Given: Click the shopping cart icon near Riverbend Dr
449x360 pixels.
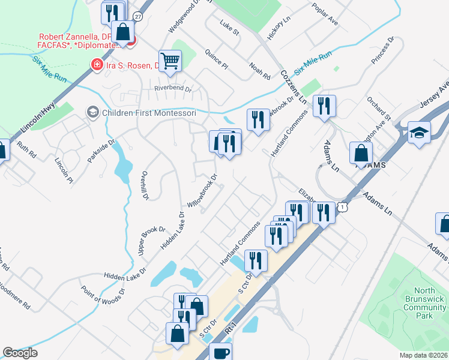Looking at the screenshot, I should (x=170, y=61).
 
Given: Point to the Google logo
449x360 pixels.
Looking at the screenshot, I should (x=20, y=353).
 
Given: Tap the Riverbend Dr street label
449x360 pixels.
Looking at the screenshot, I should (x=172, y=89).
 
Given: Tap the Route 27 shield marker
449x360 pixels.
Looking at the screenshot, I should (x=137, y=16).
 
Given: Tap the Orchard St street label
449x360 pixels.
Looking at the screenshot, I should (x=379, y=107).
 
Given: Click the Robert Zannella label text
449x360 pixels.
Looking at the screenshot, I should (x=76, y=37).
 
